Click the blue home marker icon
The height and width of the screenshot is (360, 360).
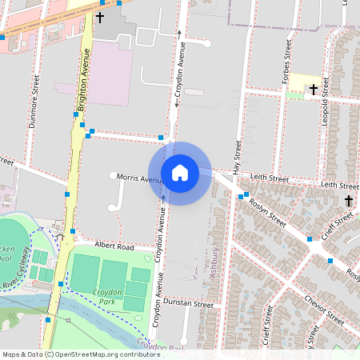[x=180, y=173]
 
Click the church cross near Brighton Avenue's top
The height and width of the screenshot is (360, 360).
[x=100, y=16]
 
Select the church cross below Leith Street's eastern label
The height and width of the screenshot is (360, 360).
[x=349, y=200]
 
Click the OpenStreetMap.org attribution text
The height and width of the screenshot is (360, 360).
[x=91, y=354]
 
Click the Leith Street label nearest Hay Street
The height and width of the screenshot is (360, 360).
[x=268, y=178]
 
